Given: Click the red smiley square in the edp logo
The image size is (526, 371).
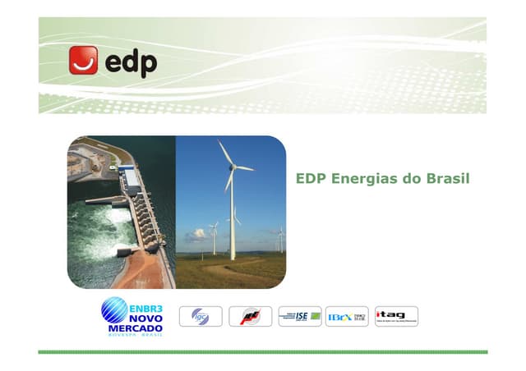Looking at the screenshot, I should pyautogui.click(x=83, y=61).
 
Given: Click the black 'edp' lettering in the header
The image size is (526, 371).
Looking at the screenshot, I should pyautogui.click(x=129, y=61).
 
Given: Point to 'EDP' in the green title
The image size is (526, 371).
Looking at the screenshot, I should pyautogui.click(x=311, y=178).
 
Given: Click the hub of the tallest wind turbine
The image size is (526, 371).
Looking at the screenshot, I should pyautogui.click(x=232, y=167).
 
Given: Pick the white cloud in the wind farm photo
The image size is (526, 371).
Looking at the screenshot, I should pyautogui.click(x=197, y=235).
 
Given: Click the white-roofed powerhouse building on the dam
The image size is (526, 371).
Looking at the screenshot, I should pyautogui.click(x=130, y=176).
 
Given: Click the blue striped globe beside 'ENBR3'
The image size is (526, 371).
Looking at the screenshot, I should pyautogui.click(x=114, y=311).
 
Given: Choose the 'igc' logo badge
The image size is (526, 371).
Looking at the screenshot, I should pyautogui.click(x=201, y=316).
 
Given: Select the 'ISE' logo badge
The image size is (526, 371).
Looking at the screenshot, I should pyautogui.click(x=299, y=316).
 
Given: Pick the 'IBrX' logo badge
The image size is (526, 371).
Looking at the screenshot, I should pyautogui.click(x=347, y=316).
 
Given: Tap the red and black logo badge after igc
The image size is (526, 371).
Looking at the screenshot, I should pyautogui.click(x=250, y=316).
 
